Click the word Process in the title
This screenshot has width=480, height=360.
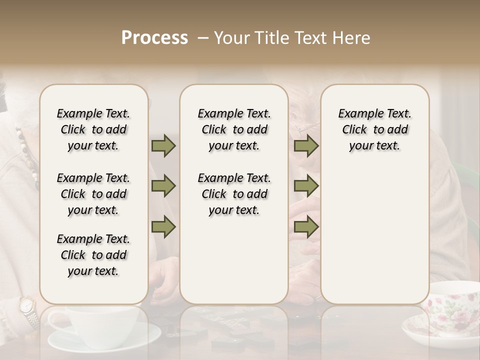click(x=154, y=38)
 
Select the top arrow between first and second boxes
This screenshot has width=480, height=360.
click(x=163, y=146)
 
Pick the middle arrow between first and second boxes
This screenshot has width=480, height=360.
click(x=163, y=186)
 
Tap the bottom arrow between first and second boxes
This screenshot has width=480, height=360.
click(x=163, y=226)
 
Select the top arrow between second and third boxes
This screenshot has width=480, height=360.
click(x=306, y=146)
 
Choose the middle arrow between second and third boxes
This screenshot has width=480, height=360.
click(x=306, y=186)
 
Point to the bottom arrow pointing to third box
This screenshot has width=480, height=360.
click(x=306, y=226)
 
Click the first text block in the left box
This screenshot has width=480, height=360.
click(x=93, y=129)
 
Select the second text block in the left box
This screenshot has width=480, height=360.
click(x=93, y=194)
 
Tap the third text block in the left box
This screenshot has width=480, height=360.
click(x=93, y=255)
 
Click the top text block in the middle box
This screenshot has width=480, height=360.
click(x=234, y=129)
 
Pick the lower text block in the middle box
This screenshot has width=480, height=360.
click(x=234, y=194)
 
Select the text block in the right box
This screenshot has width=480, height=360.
click(x=374, y=129)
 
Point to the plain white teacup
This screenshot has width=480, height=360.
click(x=100, y=320)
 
